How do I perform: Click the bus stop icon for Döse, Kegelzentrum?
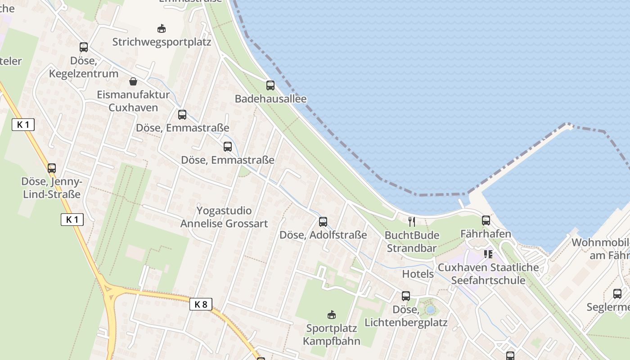[x=84, y=47]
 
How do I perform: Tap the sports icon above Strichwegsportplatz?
[x=162, y=29]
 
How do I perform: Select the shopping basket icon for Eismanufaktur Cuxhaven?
[x=133, y=81]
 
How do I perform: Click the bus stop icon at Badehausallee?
[x=270, y=85]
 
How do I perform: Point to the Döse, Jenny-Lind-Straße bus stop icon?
[x=52, y=168]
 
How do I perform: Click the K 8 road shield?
[x=200, y=304]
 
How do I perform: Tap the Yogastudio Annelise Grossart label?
[x=224, y=217]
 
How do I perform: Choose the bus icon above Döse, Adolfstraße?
[x=323, y=221]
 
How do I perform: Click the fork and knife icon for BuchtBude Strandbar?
[x=411, y=221]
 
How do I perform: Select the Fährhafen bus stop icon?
[x=486, y=220]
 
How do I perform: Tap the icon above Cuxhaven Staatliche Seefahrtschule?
[x=488, y=254]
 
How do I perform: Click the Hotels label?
[x=418, y=274]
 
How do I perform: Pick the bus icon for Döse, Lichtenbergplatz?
[x=406, y=296]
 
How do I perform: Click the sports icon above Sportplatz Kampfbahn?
[x=332, y=315]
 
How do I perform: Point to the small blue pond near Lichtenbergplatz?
[x=431, y=310]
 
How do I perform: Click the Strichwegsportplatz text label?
[x=162, y=42]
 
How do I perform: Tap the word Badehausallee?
[x=270, y=99]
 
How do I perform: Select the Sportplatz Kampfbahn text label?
[x=332, y=334]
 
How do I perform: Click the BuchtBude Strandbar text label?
[x=411, y=242]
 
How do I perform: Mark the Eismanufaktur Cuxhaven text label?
[x=133, y=101]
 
